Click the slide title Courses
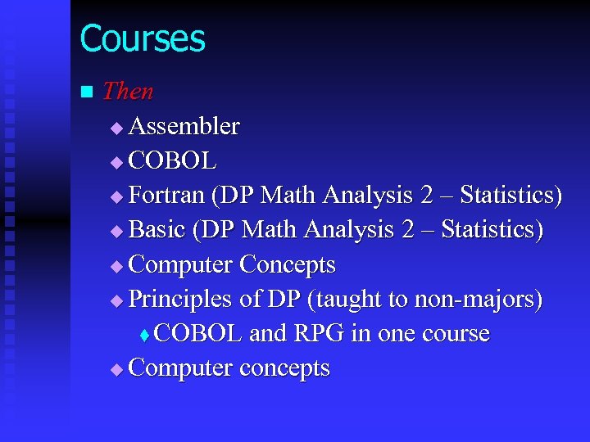click(x=143, y=38)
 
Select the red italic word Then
click(x=128, y=91)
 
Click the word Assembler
click(x=184, y=127)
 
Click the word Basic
click(x=157, y=230)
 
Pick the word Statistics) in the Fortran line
click(x=511, y=196)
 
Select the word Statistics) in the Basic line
click(x=492, y=230)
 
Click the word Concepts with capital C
click(x=287, y=265)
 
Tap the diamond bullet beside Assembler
click(x=116, y=128)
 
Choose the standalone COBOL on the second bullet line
click(x=173, y=161)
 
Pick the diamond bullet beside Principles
click(x=116, y=301)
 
